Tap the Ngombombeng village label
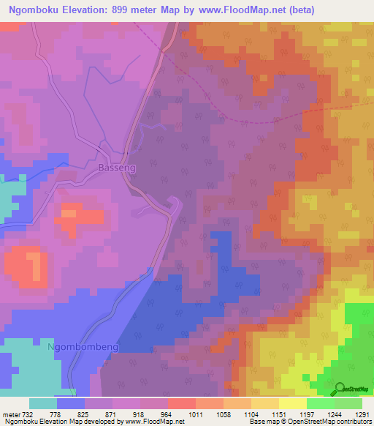[83, 346]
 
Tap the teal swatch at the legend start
[43, 403]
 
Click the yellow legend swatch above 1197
[292, 403]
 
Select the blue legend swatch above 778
[71, 403]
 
